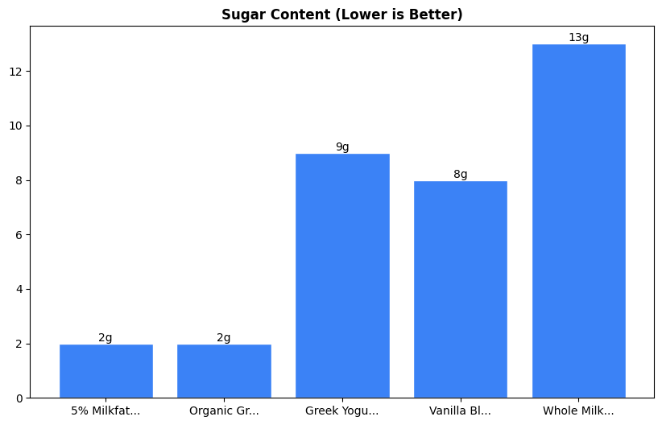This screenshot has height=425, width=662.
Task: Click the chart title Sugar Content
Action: [x=341, y=15]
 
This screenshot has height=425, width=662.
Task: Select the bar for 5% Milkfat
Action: [x=106, y=371]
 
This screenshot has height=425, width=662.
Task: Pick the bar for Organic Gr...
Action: [x=224, y=371]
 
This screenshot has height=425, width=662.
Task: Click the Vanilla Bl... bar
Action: [x=460, y=289]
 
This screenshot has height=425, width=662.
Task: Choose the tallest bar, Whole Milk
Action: [x=578, y=221]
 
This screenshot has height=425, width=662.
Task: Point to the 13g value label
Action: [x=578, y=38]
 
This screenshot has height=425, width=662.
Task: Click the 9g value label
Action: [x=342, y=146]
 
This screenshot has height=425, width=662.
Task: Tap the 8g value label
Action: [x=460, y=174]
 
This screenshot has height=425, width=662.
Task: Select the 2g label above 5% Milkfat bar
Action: [x=106, y=337]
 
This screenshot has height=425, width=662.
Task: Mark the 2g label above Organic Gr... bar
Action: [x=224, y=337]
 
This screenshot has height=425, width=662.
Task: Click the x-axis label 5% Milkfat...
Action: [x=106, y=411]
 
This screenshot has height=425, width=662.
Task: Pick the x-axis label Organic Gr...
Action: [x=224, y=411]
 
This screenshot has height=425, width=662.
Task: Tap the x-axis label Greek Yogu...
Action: [x=342, y=411]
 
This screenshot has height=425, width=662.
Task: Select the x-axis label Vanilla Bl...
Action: [x=460, y=411]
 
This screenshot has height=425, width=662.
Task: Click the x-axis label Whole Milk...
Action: [x=578, y=411]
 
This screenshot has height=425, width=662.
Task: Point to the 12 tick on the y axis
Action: [x=17, y=72]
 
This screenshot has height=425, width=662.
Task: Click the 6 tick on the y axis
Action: [x=20, y=235]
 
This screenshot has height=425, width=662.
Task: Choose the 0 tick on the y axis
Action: [x=20, y=398]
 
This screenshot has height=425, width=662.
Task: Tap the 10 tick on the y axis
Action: [x=17, y=126]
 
